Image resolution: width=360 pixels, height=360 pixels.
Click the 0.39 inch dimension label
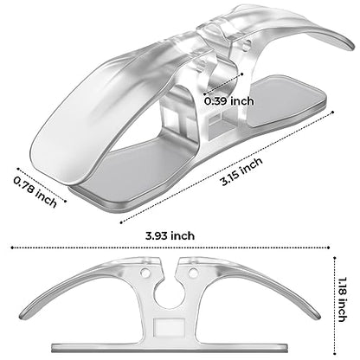coord(229,101)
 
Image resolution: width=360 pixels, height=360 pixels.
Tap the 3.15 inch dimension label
coord(241,171)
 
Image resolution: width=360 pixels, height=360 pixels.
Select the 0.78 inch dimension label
coord(35,192)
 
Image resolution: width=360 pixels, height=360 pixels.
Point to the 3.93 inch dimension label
coord(170,235)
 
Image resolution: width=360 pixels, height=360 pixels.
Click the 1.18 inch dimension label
coord(342,299)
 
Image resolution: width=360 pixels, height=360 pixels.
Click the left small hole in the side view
coord(145,272)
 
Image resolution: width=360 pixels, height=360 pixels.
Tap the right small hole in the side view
coord(194,272)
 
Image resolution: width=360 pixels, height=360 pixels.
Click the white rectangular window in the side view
coord(170,328)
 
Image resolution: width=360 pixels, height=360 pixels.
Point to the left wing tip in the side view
coord(23,316)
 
